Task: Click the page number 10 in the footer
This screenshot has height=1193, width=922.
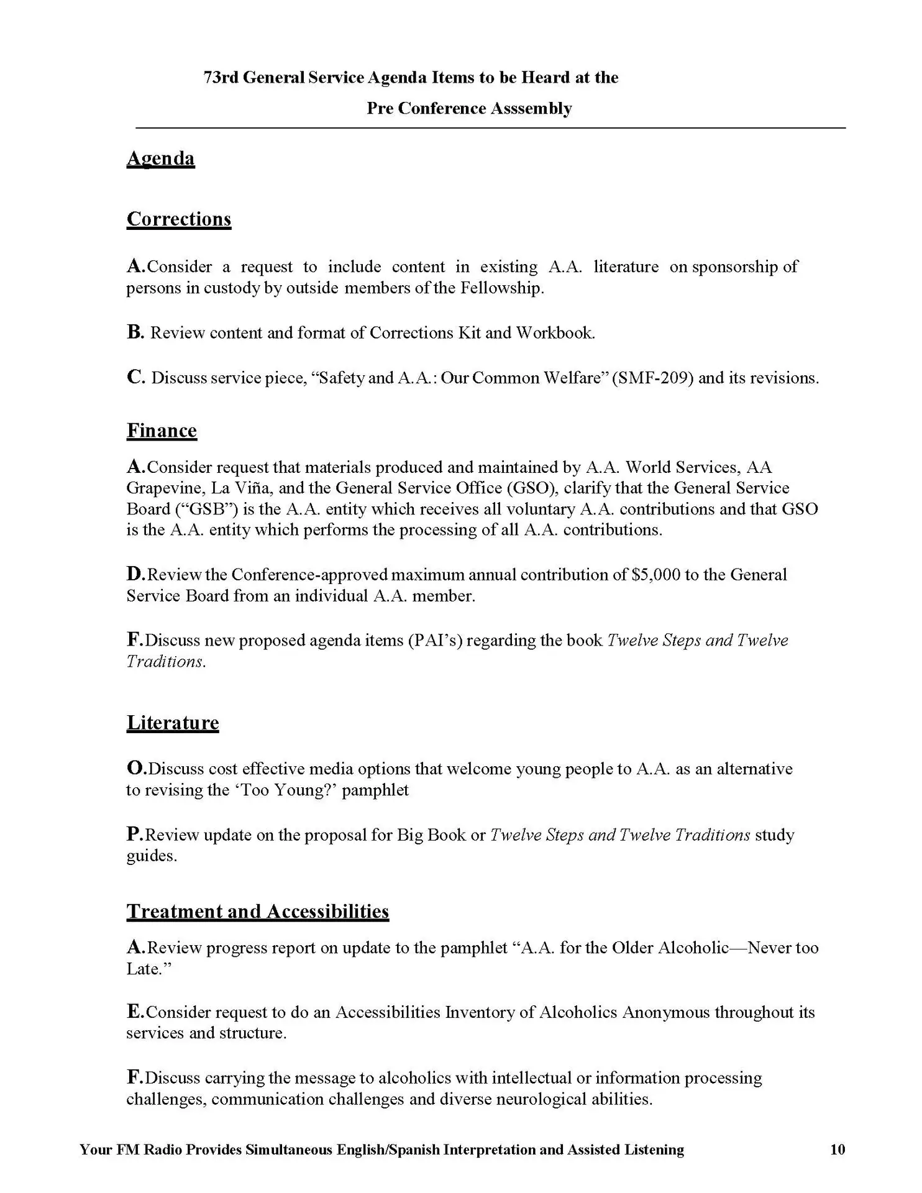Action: (x=837, y=1150)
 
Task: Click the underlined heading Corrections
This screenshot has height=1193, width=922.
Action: (x=179, y=219)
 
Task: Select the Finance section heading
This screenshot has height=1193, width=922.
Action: (x=162, y=431)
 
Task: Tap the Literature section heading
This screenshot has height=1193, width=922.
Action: (x=173, y=723)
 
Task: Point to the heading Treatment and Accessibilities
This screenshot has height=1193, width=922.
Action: (x=258, y=911)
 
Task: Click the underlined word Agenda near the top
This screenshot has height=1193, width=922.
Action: (x=160, y=158)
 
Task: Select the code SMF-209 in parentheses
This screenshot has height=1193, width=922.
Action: (x=652, y=378)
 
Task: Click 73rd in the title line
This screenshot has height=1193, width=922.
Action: (x=221, y=78)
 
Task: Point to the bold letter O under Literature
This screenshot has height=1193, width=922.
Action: (x=135, y=769)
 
